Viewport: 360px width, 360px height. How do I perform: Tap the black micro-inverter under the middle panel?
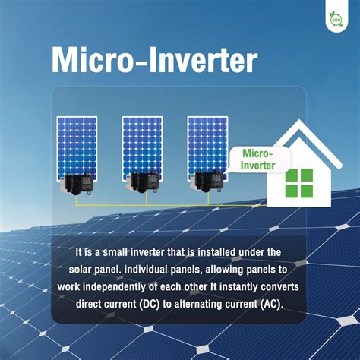[x=144, y=182]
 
